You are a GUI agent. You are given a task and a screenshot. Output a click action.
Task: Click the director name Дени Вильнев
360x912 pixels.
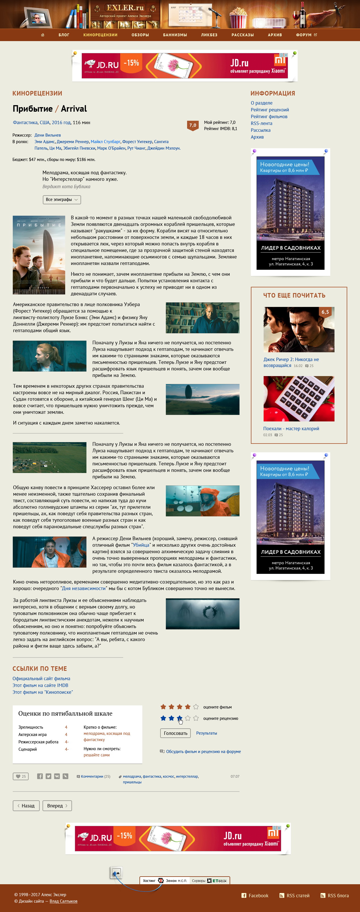pyautogui.click(x=47, y=135)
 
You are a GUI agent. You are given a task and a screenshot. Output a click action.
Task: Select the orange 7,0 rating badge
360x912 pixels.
pyautogui.click(x=192, y=125)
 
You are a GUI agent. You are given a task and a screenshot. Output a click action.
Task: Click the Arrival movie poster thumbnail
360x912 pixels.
pyautogui.click(x=39, y=255)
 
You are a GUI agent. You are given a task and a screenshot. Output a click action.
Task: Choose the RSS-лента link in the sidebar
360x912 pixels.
pyautogui.click(x=261, y=124)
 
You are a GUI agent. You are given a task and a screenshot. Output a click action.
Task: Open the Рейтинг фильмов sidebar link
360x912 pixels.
pyautogui.click(x=269, y=117)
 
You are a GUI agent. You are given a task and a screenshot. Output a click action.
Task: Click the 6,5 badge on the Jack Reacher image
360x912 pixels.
pyautogui.click(x=325, y=312)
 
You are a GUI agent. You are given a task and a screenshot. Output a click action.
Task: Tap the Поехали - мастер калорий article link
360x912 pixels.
pyautogui.click(x=291, y=429)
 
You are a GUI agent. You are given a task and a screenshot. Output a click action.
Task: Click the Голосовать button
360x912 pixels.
pyautogui.click(x=175, y=733)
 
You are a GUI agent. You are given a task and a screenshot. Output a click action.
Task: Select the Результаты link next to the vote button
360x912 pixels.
pyautogui.click(x=206, y=733)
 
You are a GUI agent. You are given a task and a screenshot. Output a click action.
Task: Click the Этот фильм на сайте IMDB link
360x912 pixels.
pyautogui.click(x=40, y=685)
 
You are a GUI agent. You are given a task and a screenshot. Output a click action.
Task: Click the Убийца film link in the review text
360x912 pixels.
pyautogui.click(x=141, y=545)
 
